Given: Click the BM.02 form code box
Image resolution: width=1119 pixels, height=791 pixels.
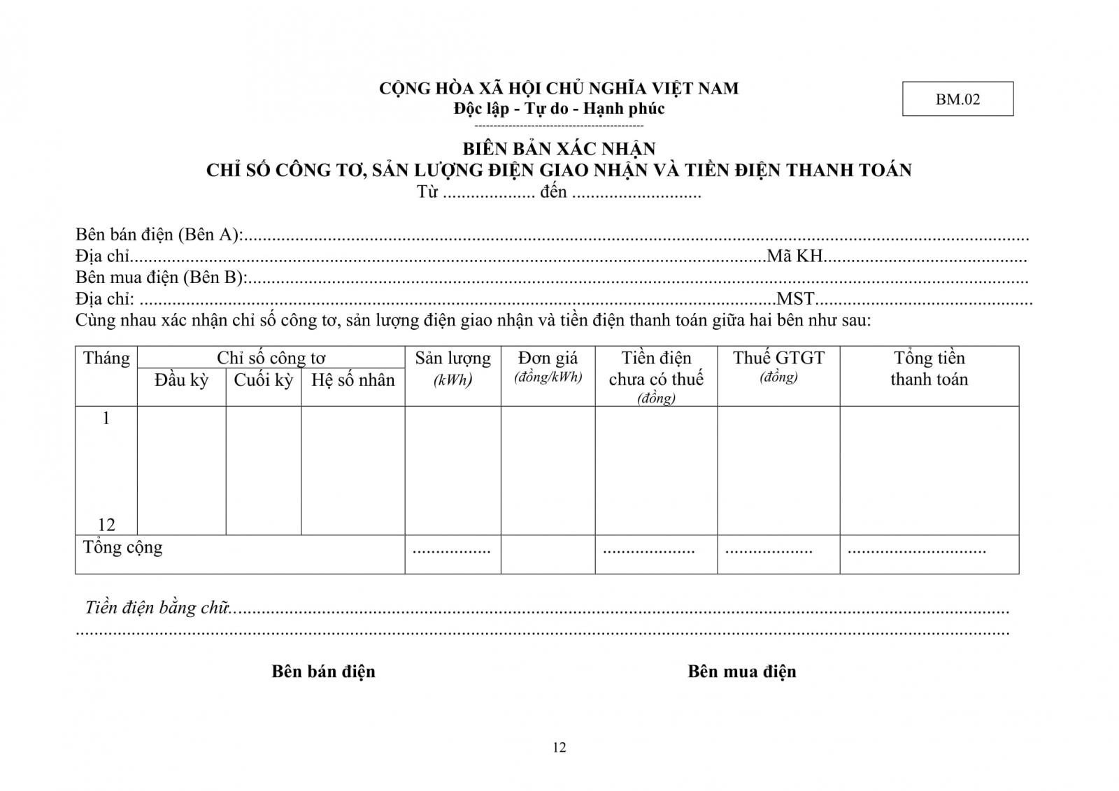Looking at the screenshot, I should pos(957,99).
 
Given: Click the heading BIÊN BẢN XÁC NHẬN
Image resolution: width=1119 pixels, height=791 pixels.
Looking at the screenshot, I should pos(559,149).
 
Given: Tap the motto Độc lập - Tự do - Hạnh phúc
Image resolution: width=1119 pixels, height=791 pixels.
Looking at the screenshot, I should pos(559,108).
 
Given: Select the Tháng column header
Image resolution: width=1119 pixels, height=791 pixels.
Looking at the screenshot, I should pos(106,358).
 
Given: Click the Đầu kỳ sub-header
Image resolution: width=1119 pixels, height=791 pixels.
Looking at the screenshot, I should pos(181,380).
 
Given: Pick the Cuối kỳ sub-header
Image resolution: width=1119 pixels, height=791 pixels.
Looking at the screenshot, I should pos(263,380).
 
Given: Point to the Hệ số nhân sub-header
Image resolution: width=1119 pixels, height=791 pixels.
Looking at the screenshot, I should pos(352,380).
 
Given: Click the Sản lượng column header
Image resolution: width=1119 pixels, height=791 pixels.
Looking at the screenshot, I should pos(452,359).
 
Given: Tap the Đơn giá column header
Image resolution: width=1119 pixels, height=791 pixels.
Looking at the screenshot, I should pos(548,359).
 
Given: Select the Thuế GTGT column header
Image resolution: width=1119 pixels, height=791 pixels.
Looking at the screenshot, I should pos(778,358).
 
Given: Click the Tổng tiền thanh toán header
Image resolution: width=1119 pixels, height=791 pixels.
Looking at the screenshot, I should pos(929,368).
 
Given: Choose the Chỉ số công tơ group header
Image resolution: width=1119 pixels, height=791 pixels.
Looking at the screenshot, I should pos(271,358).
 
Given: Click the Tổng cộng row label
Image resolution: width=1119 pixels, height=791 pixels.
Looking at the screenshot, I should pos(123,547).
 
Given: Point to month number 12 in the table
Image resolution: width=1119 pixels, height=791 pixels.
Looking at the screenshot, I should pos(106,525).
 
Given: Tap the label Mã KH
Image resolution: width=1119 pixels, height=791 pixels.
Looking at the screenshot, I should pos(794,256).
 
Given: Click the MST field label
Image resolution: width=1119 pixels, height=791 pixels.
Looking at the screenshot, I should pos(796,299).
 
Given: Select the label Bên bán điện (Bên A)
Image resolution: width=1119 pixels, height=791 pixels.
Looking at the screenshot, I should pos(159,235).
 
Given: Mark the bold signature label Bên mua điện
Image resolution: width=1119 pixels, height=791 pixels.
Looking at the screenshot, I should pos(741,672).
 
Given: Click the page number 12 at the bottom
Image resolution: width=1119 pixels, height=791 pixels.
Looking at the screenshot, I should pos(559,748).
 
